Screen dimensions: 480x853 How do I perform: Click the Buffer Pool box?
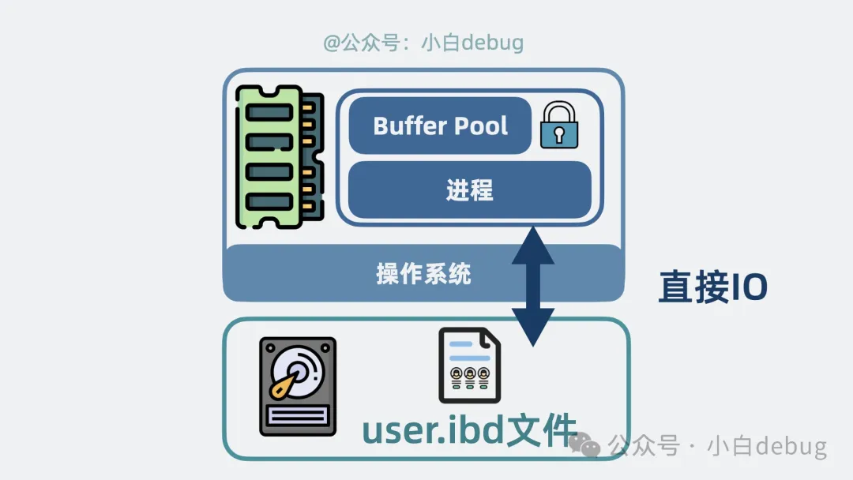[440, 126]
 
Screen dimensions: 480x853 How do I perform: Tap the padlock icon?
[559, 126]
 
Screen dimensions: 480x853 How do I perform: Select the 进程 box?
[469, 190]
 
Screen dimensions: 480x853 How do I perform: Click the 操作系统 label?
[423, 274]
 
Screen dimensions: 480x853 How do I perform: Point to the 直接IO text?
[712, 288]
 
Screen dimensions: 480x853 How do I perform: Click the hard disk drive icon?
[298, 387]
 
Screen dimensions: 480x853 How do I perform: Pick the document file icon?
[469, 366]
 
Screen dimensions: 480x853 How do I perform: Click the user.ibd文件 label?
[469, 431]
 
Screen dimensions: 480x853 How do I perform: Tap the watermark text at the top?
[423, 42]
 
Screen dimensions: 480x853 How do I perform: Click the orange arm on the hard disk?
[284, 384]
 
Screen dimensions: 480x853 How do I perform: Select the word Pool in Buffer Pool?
[481, 126]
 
